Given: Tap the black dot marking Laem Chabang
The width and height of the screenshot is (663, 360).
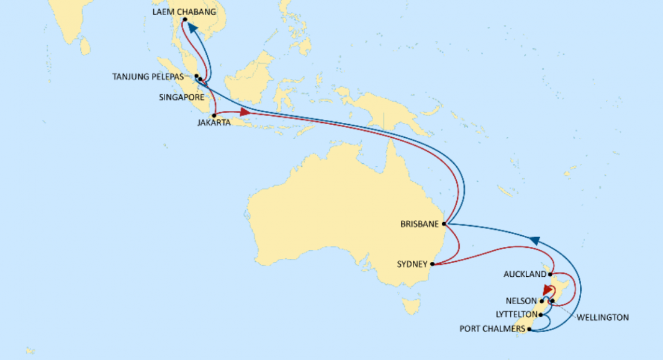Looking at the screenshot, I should click(x=185, y=20).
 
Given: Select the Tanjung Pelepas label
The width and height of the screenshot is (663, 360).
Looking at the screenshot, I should click(x=148, y=77).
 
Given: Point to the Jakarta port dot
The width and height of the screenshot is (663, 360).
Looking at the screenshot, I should click(x=214, y=115).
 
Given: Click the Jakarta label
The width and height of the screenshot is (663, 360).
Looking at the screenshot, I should click(x=214, y=123).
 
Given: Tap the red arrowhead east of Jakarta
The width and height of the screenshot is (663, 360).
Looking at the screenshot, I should click(x=245, y=112).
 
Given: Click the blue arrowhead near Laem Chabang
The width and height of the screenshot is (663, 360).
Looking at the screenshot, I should click(x=193, y=28).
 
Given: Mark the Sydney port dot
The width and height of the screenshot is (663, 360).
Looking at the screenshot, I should click(x=433, y=264).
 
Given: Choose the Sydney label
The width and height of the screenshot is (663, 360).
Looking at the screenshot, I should click(x=412, y=264).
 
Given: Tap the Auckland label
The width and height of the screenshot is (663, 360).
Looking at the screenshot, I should click(x=525, y=274).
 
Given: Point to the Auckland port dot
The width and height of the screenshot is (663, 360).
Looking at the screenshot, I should click(x=551, y=274).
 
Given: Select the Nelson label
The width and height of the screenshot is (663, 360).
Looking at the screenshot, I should click(x=522, y=301).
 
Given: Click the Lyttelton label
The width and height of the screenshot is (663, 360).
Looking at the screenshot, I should click(x=516, y=315).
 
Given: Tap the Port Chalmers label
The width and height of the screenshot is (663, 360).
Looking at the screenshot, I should click(x=494, y=329).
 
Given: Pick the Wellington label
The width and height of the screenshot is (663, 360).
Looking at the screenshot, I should click(x=602, y=317).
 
